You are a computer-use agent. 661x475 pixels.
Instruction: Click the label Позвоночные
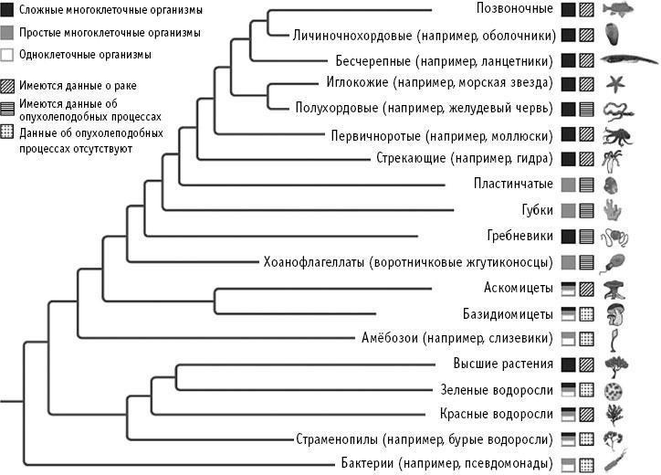click(x=514, y=8)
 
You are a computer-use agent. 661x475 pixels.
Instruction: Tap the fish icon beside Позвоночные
click(x=617, y=9)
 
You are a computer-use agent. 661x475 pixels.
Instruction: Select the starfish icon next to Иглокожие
click(x=615, y=83)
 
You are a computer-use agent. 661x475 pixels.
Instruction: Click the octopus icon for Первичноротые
click(x=617, y=136)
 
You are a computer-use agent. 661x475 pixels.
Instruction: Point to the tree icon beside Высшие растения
click(x=616, y=366)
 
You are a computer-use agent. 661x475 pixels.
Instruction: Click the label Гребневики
click(x=519, y=236)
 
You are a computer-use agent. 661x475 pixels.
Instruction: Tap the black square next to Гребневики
click(x=568, y=237)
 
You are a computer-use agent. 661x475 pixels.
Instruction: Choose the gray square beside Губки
click(x=568, y=210)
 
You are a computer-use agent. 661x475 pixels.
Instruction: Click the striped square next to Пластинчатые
click(x=586, y=185)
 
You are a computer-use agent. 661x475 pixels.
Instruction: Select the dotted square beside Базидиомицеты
click(x=586, y=314)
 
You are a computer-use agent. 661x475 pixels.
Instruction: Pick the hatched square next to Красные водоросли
click(x=586, y=415)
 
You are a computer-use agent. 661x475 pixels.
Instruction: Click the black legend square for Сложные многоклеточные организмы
click(x=7, y=9)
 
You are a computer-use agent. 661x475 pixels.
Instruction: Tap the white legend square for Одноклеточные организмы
click(x=7, y=55)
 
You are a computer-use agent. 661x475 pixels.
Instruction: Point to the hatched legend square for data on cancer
click(x=7, y=86)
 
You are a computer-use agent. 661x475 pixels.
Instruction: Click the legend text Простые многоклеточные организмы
click(x=110, y=33)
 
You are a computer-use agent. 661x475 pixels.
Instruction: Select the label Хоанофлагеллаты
click(x=314, y=262)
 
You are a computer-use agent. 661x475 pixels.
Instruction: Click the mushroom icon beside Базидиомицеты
click(x=615, y=315)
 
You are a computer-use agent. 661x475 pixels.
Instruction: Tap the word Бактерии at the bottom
click(x=367, y=463)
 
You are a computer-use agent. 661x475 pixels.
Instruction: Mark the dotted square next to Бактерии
click(x=586, y=465)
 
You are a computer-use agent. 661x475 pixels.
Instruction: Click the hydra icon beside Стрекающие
click(x=612, y=161)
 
